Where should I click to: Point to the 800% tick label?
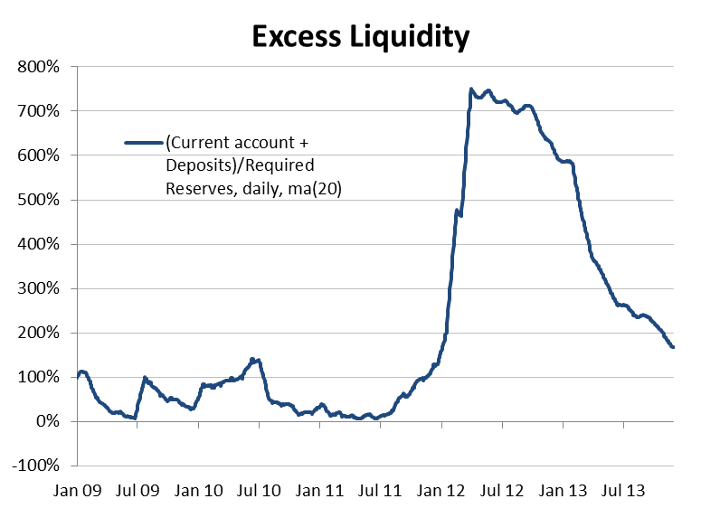tap(38, 67)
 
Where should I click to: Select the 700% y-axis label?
tap(38, 111)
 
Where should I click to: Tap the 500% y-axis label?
tap(38, 200)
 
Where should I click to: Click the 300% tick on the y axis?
tap(38, 288)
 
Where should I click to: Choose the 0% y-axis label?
tap(45, 422)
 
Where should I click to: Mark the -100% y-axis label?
tap(35, 466)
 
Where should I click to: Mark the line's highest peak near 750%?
tap(471, 89)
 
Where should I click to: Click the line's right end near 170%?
tap(672, 347)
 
